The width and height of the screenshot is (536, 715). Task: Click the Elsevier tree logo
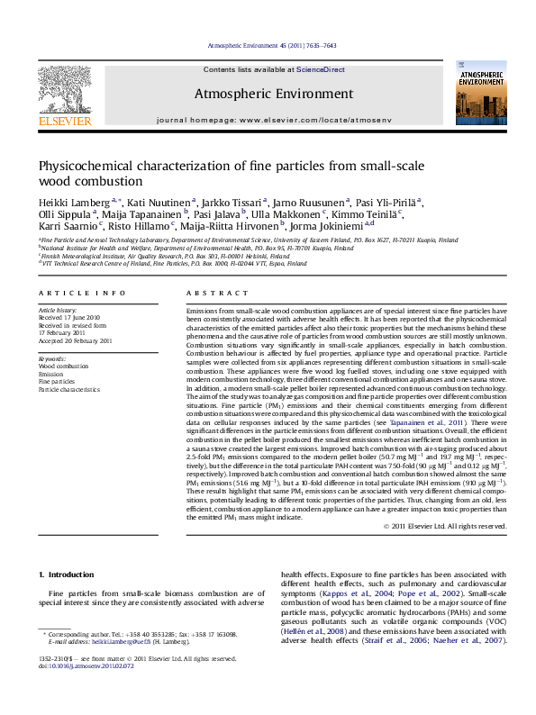tap(64, 90)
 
